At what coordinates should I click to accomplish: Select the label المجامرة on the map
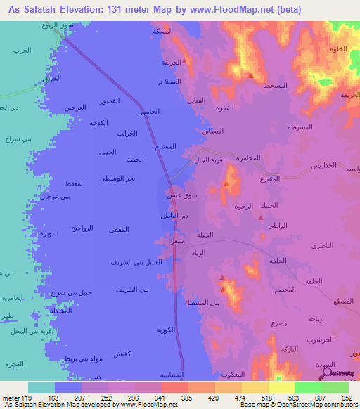tap(249, 157)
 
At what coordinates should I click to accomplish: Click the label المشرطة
tap(300, 127)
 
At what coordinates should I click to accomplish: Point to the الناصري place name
tap(323, 247)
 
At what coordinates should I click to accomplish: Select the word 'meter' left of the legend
tap(12, 398)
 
